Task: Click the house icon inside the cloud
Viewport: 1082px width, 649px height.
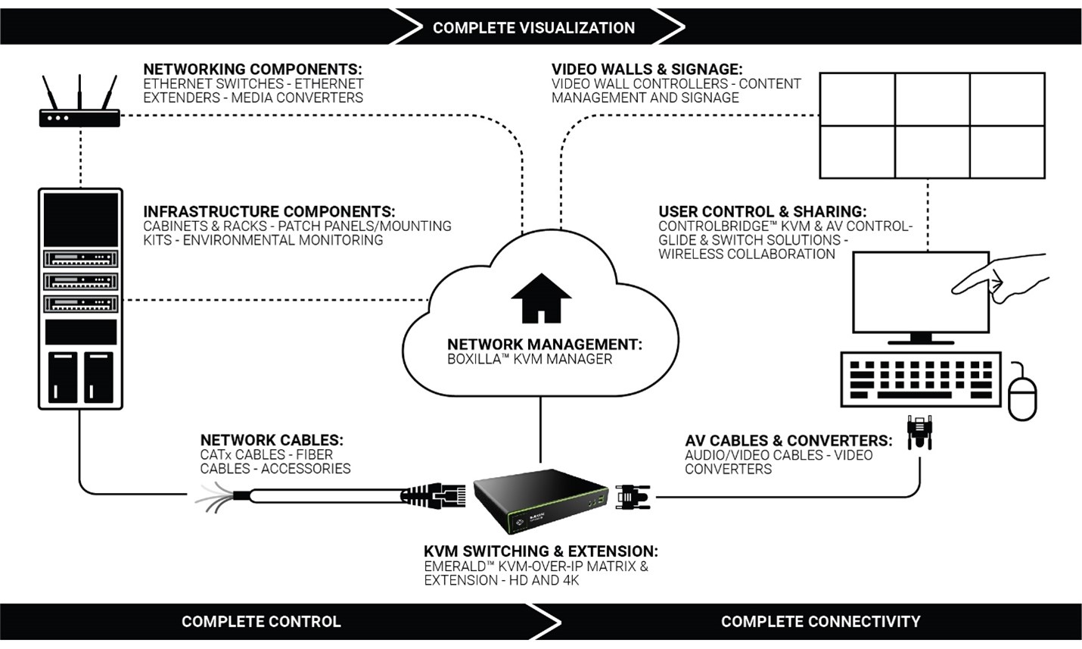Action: (x=541, y=298)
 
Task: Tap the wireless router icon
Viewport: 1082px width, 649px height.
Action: (x=79, y=114)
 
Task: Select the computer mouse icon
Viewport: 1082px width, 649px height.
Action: (x=1022, y=394)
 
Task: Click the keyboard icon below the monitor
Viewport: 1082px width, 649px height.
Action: (x=920, y=379)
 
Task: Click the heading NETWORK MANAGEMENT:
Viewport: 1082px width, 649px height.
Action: (x=545, y=345)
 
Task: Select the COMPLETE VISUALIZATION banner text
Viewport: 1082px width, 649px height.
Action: (x=533, y=28)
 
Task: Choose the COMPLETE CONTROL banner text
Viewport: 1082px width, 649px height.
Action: (x=261, y=622)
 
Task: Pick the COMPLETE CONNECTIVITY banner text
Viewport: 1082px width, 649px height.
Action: (x=820, y=622)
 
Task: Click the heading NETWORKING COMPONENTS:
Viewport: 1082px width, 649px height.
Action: (x=253, y=70)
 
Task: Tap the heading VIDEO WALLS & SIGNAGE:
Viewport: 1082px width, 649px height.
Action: (x=647, y=70)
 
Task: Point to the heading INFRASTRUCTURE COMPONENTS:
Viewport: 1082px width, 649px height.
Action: (x=269, y=212)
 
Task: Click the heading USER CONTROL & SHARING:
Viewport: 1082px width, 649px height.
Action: (x=763, y=212)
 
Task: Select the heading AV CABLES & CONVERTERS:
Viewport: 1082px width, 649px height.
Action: (x=788, y=441)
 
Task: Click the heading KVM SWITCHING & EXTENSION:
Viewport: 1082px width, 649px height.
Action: (x=541, y=551)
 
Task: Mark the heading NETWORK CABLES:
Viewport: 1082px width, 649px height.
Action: (x=272, y=440)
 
